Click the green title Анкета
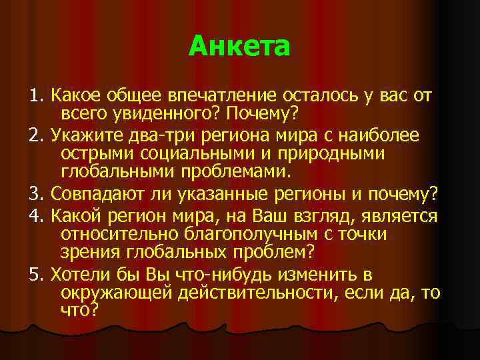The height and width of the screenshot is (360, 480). point(239,47)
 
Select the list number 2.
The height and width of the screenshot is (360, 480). point(35,137)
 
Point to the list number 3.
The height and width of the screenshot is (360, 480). point(35,195)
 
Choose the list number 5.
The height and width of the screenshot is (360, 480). point(35,275)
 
